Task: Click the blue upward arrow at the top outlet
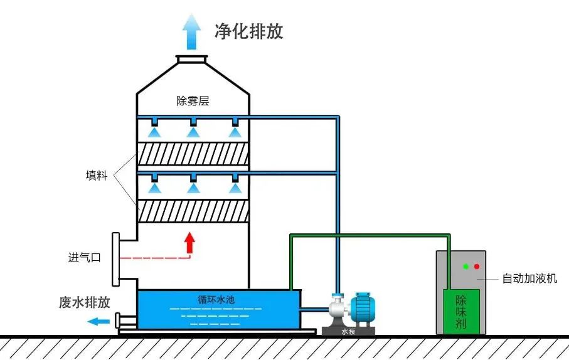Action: tap(192, 31)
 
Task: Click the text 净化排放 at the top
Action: tap(249, 31)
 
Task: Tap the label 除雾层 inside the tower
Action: tap(193, 101)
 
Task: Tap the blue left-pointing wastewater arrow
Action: tap(97, 322)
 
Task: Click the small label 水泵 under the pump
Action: tap(348, 332)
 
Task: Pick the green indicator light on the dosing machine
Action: tap(465, 267)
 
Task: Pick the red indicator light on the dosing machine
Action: tap(477, 267)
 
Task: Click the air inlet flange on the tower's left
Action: tap(116, 258)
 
